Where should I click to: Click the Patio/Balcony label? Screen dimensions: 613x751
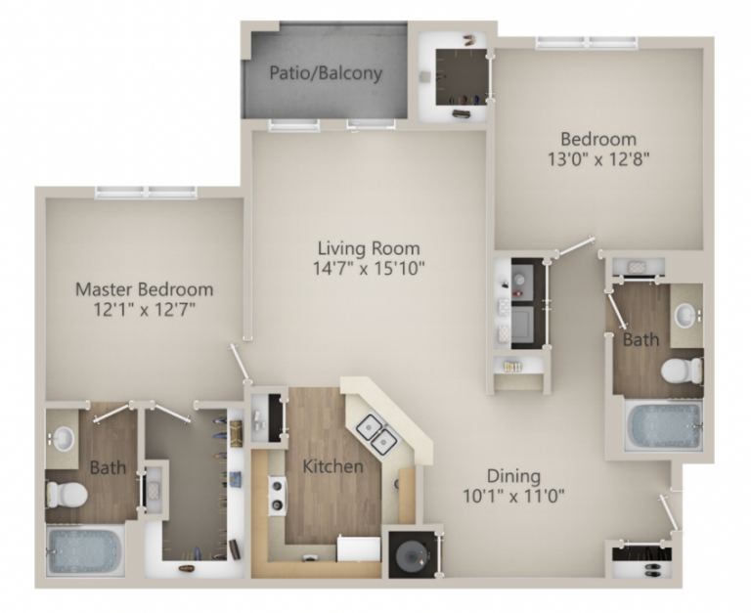[326, 73]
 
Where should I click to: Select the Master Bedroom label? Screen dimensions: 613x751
[144, 289]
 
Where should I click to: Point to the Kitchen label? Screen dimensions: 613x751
[331, 466]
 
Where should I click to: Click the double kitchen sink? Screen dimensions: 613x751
[375, 433]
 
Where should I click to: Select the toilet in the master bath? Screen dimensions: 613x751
[66, 494]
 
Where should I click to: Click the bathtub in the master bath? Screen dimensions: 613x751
[83, 549]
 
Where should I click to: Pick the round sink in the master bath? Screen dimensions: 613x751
[65, 438]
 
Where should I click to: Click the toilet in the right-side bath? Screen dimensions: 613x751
[682, 371]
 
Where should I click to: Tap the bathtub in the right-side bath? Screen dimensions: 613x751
[664, 426]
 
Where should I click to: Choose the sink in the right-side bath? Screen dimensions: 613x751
[686, 316]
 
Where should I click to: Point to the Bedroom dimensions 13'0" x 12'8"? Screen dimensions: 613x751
[597, 156]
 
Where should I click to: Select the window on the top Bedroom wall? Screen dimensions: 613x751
[586, 42]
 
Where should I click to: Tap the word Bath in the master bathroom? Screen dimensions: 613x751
[108, 468]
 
